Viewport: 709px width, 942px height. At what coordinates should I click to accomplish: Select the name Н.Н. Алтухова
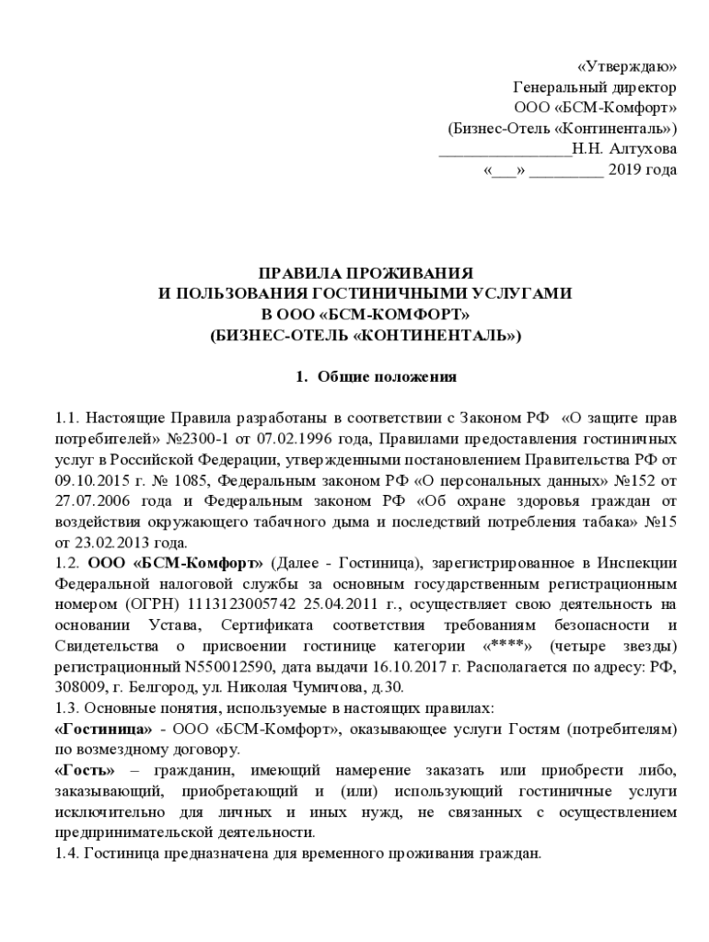click(x=623, y=148)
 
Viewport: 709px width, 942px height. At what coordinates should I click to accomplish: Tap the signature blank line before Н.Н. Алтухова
click(x=504, y=150)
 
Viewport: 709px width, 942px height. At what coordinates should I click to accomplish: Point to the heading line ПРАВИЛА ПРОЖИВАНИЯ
click(x=366, y=274)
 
